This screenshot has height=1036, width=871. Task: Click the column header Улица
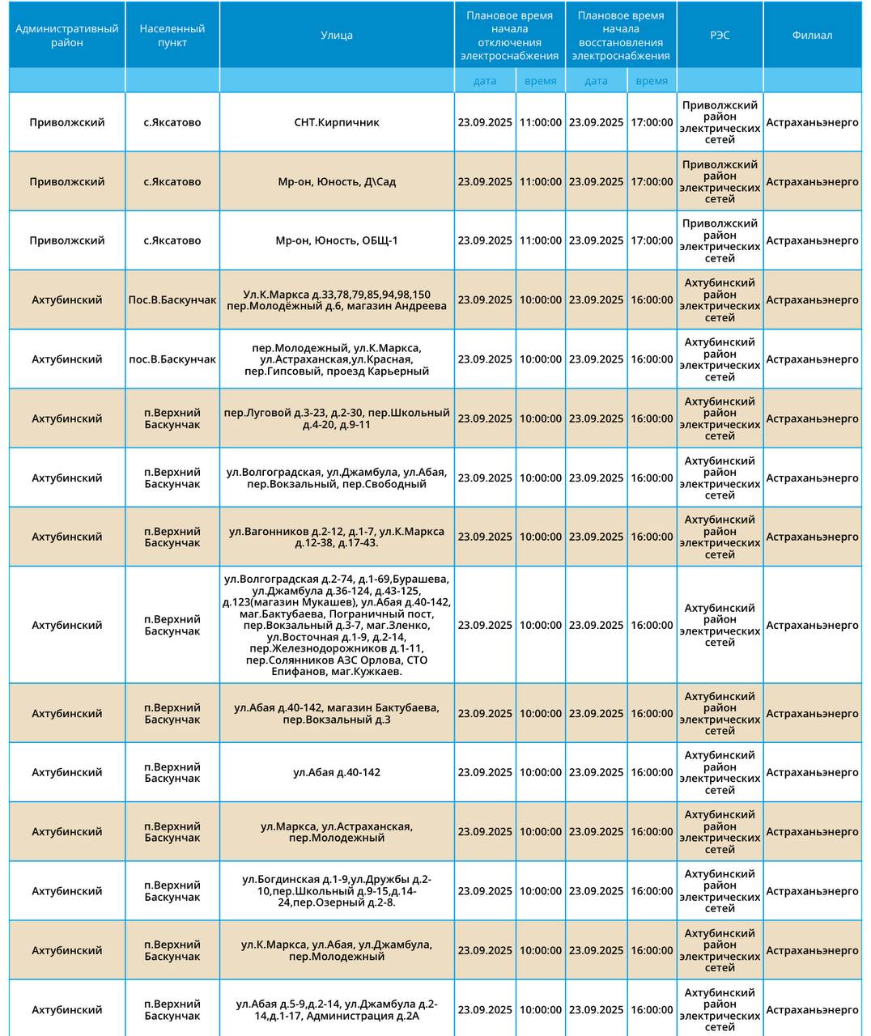pyautogui.click(x=336, y=35)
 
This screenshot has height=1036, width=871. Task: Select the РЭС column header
pyautogui.click(x=720, y=35)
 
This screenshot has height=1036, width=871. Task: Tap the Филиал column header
pyautogui.click(x=812, y=35)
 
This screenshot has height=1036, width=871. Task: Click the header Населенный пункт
pyautogui.click(x=172, y=35)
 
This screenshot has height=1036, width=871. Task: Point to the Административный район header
pyautogui.click(x=67, y=35)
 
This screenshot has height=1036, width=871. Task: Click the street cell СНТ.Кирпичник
pyautogui.click(x=336, y=122)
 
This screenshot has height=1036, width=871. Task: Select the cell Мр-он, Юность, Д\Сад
pyautogui.click(x=336, y=181)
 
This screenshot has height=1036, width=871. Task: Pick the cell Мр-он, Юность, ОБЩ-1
pyautogui.click(x=336, y=240)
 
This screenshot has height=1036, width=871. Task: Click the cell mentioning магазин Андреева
pyautogui.click(x=336, y=299)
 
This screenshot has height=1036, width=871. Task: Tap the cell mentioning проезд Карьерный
pyautogui.click(x=336, y=359)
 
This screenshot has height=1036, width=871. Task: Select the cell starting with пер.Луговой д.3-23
pyautogui.click(x=336, y=418)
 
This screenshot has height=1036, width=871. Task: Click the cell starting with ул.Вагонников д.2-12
pyautogui.click(x=336, y=537)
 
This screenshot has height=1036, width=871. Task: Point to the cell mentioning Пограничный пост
pyautogui.click(x=336, y=625)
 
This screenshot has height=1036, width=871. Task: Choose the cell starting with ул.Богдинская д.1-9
pyautogui.click(x=336, y=891)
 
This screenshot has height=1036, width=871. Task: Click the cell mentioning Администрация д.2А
pyautogui.click(x=336, y=1009)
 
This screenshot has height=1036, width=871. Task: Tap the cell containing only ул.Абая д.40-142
pyautogui.click(x=336, y=772)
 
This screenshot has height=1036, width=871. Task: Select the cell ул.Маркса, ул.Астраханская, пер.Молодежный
pyautogui.click(x=336, y=832)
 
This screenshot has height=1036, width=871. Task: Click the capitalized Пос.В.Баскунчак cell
pyautogui.click(x=172, y=299)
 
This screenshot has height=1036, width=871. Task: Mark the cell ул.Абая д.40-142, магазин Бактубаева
pyautogui.click(x=336, y=713)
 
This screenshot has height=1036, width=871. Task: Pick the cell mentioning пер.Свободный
pyautogui.click(x=336, y=478)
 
